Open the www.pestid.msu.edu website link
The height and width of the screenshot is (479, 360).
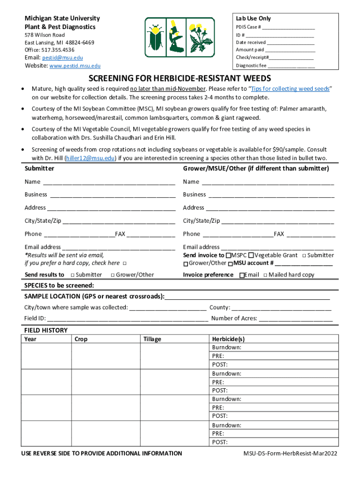(x=75, y=66)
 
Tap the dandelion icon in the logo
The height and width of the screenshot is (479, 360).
(x=202, y=38)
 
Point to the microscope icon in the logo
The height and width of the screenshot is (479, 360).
(x=178, y=38)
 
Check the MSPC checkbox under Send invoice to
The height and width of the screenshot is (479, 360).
(x=228, y=255)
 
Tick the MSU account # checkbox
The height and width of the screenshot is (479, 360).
(x=230, y=264)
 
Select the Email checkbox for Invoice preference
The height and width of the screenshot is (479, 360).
(x=241, y=275)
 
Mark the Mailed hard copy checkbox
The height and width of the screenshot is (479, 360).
(x=265, y=275)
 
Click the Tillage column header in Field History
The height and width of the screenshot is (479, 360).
(x=152, y=339)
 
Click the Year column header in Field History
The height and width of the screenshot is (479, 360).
(x=30, y=339)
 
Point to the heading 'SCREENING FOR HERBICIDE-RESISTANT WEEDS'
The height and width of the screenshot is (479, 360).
(x=180, y=78)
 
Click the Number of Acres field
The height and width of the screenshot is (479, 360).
(x=295, y=319)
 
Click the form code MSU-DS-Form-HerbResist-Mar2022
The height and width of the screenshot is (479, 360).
(x=290, y=453)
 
